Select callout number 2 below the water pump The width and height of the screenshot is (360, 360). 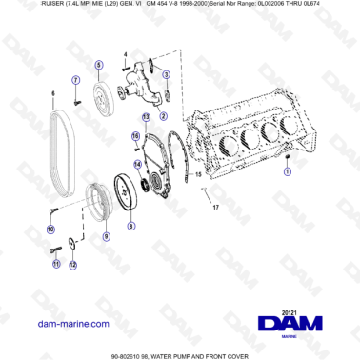coord(162,115)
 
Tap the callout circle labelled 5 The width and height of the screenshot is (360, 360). coord(99,64)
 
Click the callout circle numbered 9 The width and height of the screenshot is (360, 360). coord(107,235)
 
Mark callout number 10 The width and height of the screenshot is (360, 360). coord(51,229)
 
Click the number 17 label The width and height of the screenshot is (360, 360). coord(215,207)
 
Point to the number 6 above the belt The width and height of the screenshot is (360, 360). coord(53,93)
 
